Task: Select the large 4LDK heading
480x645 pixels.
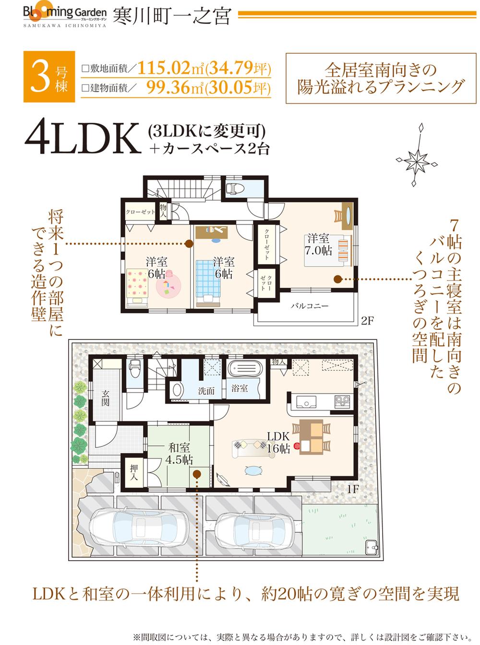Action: (82, 138)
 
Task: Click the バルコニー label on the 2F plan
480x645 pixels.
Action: (309, 305)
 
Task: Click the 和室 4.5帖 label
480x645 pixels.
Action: (179, 454)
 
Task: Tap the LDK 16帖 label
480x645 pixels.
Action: (278, 442)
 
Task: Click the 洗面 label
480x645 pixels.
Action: (206, 390)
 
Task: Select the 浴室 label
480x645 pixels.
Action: (240, 388)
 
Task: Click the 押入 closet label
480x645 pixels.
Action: (133, 474)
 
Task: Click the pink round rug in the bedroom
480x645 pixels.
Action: (168, 286)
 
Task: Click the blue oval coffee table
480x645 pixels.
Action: (253, 471)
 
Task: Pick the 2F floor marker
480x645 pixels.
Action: (367, 321)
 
